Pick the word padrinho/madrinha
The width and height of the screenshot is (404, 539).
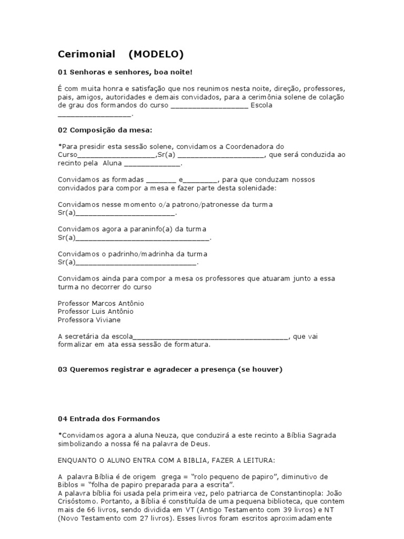(144, 254)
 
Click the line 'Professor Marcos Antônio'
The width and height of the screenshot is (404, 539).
(100, 304)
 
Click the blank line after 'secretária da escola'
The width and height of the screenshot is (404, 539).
(211, 337)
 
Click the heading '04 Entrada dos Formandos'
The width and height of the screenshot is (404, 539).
(108, 419)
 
